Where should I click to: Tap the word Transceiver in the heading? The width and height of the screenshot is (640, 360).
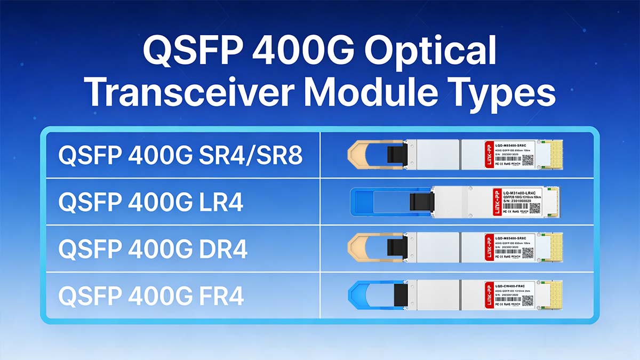(194, 94)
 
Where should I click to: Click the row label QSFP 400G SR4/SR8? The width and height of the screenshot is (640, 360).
(181, 155)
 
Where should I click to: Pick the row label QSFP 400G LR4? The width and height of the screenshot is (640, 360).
(151, 202)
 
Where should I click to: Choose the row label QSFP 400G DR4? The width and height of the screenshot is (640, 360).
(153, 249)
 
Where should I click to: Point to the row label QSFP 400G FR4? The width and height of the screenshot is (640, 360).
(151, 295)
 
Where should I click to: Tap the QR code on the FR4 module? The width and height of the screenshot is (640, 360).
(527, 300)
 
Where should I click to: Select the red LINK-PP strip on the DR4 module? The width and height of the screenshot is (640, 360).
(489, 248)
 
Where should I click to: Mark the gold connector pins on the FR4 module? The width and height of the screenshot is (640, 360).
(556, 295)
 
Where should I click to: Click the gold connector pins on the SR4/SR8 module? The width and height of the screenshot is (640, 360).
(556, 155)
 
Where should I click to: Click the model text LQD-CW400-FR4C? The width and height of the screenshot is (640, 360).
(513, 285)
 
